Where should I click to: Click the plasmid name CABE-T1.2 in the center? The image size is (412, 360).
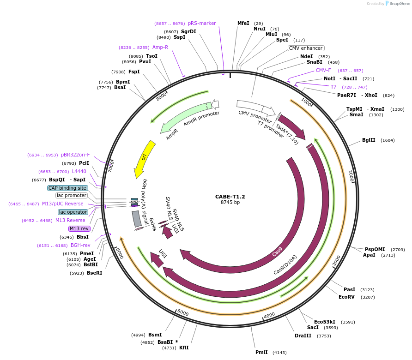[230, 196]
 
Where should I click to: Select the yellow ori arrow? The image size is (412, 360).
[144, 160]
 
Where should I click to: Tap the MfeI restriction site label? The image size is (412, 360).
[243, 23]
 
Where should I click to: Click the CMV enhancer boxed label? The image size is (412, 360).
[306, 48]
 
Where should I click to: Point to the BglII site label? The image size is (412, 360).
[369, 140]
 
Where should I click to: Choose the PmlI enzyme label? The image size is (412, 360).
[261, 352]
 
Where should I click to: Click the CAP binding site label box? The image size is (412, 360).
[67, 188]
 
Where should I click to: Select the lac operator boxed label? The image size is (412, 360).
[73, 212]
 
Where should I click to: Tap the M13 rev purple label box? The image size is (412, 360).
[79, 228]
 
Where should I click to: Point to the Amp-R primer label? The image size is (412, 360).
[160, 47]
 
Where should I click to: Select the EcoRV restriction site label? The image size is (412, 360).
[346, 297]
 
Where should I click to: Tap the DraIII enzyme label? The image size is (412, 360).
[303, 336]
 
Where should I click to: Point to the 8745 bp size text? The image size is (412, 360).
[230, 202]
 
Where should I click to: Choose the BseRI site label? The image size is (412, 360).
[94, 273]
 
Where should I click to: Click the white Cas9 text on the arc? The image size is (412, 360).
[277, 252]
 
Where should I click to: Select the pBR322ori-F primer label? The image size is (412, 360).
[75, 155]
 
